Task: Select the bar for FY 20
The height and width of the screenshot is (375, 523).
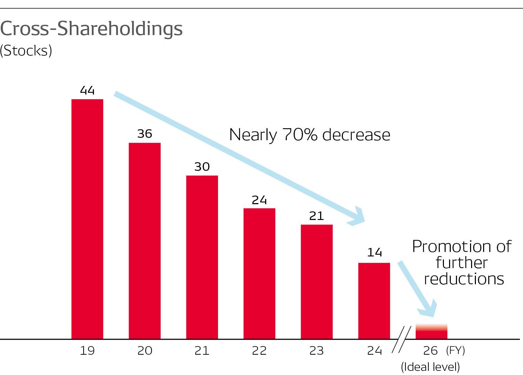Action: pos(145,241)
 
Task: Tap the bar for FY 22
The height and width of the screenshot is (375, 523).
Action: pos(259,274)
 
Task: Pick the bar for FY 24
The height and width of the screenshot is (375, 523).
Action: pos(374,301)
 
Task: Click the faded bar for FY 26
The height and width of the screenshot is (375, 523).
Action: pos(432,332)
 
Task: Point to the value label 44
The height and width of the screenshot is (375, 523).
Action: pos(87,90)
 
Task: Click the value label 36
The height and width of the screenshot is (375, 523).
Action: pos(145,134)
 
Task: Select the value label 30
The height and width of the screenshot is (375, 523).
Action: pos(202,167)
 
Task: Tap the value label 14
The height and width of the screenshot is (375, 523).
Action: pos(374,253)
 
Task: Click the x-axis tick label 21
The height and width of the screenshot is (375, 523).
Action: pos(202,351)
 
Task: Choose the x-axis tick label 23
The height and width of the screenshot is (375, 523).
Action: pos(317,351)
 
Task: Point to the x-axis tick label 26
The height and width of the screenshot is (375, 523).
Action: pos(431,351)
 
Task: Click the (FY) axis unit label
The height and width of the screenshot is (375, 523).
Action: pos(456,351)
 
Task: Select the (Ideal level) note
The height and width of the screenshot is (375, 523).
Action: pos(431,367)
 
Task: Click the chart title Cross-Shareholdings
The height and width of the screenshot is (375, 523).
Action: pos(91,29)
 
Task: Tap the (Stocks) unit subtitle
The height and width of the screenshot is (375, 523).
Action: pos(26,51)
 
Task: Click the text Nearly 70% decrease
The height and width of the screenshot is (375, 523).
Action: pos(309,135)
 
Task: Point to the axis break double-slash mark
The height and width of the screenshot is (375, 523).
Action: pos(402,340)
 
